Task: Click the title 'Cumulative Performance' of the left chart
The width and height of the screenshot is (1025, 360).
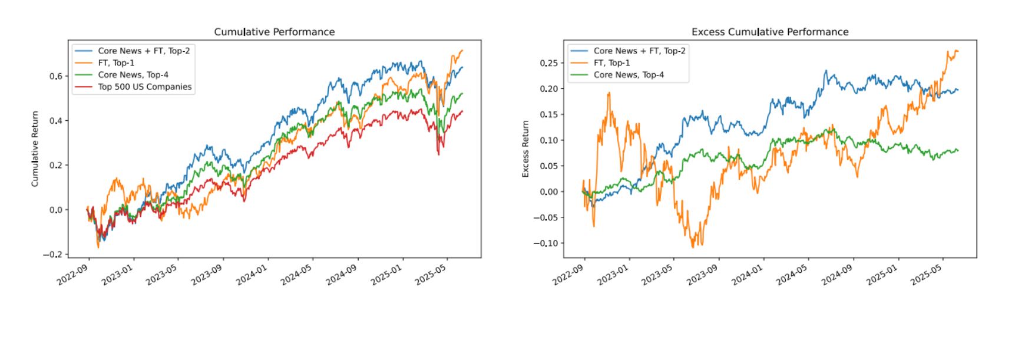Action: point(274,32)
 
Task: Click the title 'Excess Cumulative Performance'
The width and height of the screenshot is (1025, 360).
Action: point(769,32)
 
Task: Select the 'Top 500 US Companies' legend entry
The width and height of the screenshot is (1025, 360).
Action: point(144,87)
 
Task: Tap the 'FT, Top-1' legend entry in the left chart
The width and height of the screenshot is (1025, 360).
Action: point(116,63)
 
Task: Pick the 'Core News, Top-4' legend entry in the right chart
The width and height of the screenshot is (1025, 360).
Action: point(628,75)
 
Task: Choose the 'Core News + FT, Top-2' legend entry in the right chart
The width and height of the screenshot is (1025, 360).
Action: point(639,51)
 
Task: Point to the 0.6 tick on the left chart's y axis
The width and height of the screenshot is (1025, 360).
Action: point(55,76)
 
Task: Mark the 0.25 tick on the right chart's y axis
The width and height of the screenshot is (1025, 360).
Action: point(548,63)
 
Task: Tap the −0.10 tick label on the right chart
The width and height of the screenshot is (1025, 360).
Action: point(545,243)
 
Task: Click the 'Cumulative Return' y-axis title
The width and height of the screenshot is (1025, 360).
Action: point(35,149)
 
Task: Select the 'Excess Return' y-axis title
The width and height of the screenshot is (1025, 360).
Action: point(525,149)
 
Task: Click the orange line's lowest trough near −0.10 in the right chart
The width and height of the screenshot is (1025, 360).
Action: point(693,246)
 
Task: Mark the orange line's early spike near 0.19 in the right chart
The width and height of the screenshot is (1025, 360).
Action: point(609,93)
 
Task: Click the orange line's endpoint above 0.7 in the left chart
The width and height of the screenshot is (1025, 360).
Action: point(462,51)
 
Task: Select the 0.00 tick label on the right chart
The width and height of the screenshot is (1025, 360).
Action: point(548,191)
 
